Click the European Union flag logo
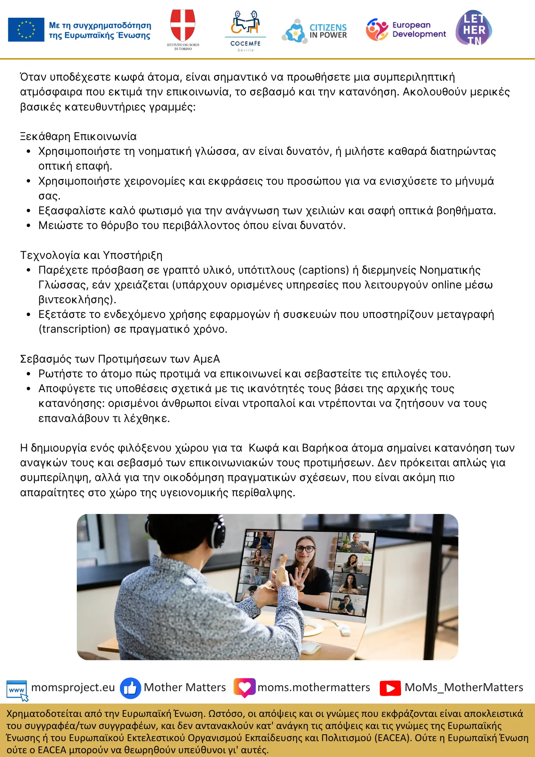coord(26,30)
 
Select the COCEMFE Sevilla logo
coord(246,30)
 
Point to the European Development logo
coord(406,30)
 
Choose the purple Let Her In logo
coord(474,28)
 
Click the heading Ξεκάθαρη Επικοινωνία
coord(78,136)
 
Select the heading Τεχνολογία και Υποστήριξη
coord(91,255)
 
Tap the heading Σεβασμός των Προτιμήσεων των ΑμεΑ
coord(120,359)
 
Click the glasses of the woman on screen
coord(305,549)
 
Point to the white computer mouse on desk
coord(311,647)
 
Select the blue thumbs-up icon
coord(130,688)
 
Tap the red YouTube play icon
coord(390,688)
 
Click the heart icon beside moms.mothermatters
coord(244,687)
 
